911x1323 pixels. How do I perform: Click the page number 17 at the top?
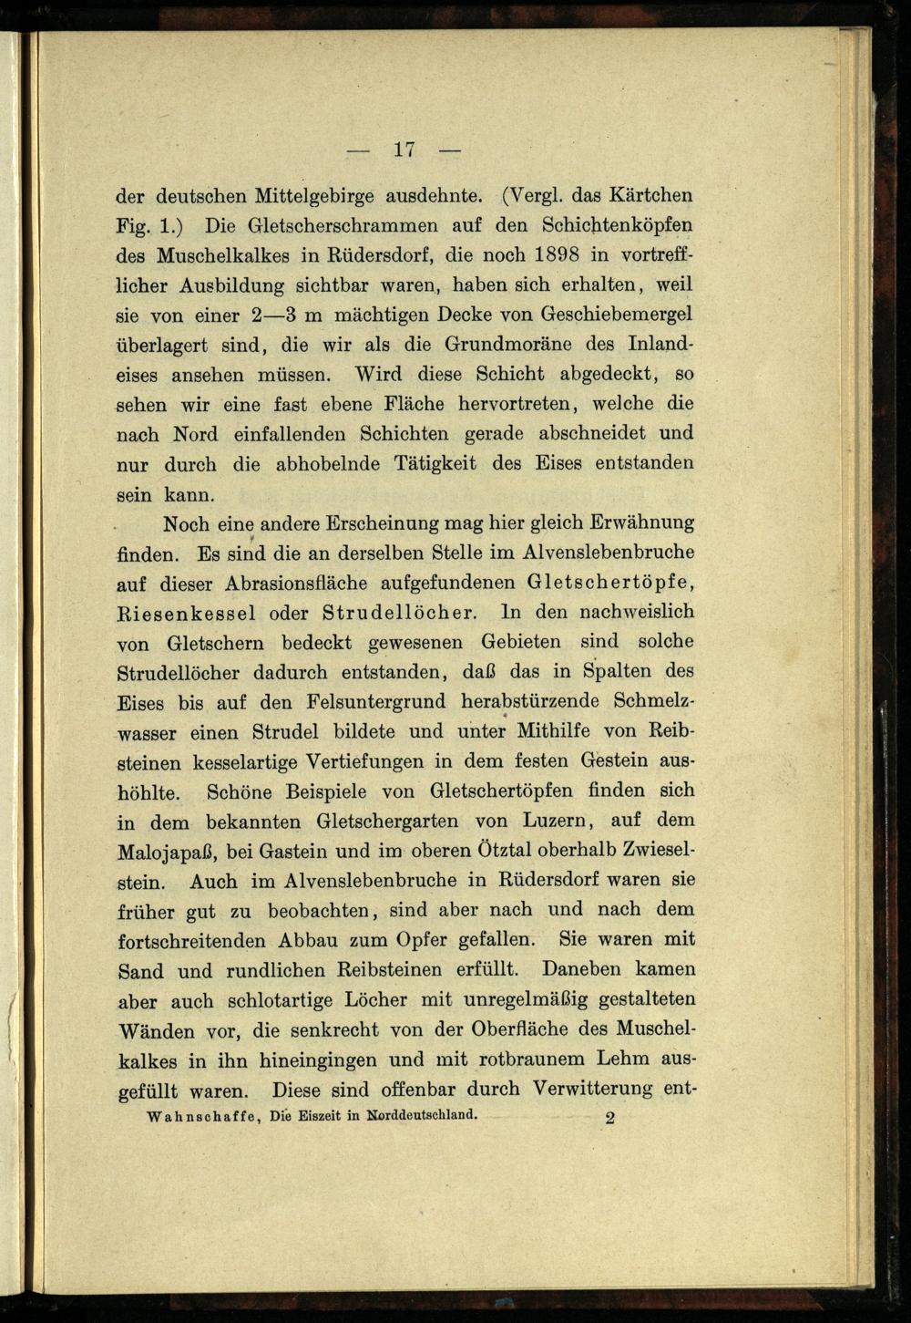click(405, 149)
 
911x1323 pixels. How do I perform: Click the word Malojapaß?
click(168, 851)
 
